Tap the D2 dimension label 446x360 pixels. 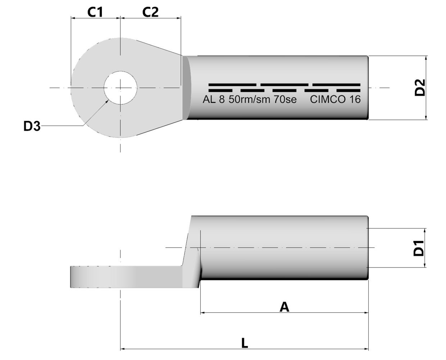point(420,87)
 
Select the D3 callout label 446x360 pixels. point(32,126)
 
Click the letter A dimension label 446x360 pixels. point(284,307)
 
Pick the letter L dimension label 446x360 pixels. point(244,343)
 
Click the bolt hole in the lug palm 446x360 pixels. point(120,87)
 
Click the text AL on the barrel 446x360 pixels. point(209,99)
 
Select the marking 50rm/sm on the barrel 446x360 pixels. point(249,99)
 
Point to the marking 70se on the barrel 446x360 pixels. point(285,99)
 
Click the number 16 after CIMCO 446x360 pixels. point(355,99)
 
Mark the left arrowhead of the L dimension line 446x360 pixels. point(123,348)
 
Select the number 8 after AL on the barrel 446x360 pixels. point(222,99)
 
